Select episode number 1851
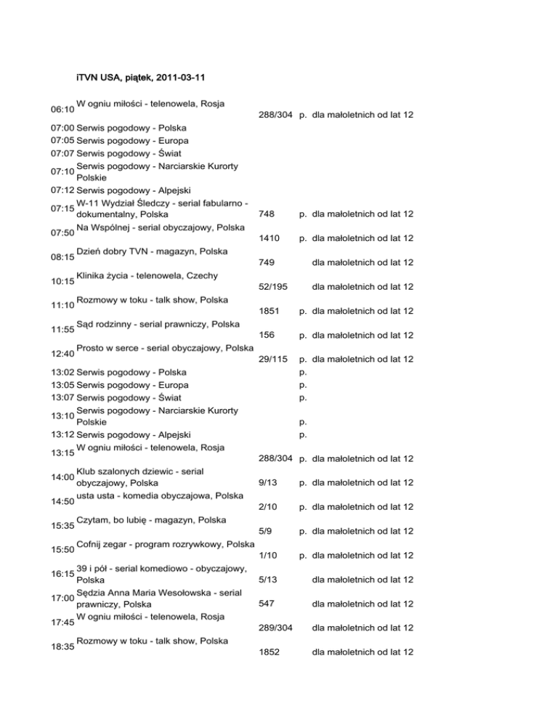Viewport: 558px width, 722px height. click(269, 311)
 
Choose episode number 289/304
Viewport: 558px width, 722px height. click(276, 628)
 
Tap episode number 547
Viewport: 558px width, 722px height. click(266, 603)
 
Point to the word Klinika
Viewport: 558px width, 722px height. click(93, 275)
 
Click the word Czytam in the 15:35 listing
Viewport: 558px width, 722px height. click(94, 519)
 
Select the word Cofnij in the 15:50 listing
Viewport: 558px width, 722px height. click(92, 544)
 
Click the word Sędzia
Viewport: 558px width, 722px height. click(93, 592)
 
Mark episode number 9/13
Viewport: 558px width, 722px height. click(266, 482)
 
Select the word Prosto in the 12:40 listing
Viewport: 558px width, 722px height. click(92, 348)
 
